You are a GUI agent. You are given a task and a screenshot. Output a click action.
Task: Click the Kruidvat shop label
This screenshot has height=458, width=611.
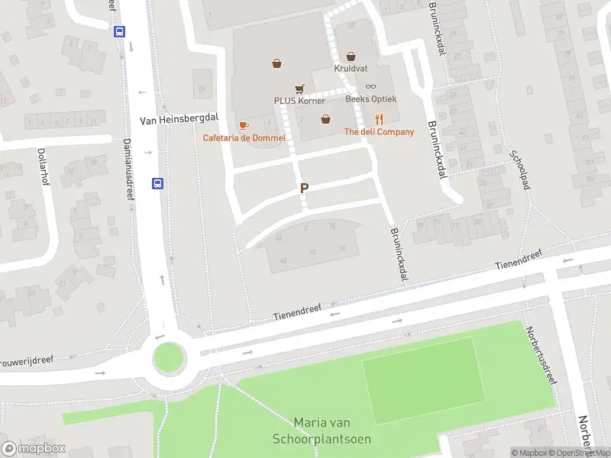351,68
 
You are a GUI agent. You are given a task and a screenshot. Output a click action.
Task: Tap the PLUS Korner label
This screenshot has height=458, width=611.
300,101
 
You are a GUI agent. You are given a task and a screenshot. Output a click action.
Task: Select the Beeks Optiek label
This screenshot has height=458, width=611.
370,98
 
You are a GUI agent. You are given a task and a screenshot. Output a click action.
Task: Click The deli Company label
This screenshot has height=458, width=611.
380,132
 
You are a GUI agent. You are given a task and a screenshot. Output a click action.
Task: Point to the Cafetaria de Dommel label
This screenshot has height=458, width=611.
244,137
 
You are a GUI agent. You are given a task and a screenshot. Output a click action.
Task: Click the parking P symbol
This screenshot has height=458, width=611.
305,188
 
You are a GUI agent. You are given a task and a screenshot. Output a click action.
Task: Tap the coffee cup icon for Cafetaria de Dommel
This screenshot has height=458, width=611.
244,124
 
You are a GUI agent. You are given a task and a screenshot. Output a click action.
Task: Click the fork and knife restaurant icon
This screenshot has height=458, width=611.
379,118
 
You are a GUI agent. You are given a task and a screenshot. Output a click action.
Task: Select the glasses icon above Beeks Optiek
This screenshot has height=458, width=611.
370,86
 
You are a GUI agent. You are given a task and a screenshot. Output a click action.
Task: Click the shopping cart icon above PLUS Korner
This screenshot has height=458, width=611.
299,89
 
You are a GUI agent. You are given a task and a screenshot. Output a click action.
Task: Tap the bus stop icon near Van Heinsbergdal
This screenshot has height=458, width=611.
158,183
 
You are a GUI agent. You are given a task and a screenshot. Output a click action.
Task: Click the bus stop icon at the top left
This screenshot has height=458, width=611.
119,31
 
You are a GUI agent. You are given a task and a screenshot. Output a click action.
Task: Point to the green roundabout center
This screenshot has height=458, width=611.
169,356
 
